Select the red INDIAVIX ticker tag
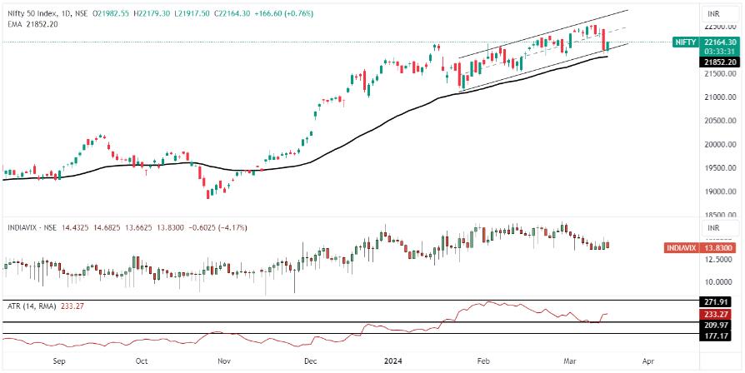tap(684, 248)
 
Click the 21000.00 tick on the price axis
tap(719, 97)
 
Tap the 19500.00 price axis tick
tap(719, 167)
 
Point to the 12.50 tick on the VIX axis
tap(717, 260)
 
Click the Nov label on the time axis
tap(223, 362)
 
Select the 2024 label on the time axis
tap(394, 362)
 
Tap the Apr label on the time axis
tap(647, 362)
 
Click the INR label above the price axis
tap(714, 14)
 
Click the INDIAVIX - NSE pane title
tap(32, 226)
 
